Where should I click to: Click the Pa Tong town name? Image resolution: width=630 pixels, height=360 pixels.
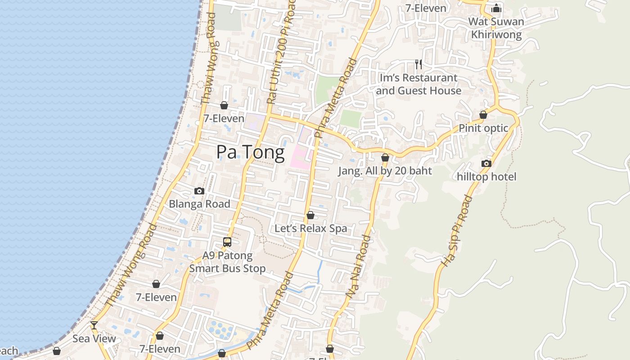[x=250, y=153]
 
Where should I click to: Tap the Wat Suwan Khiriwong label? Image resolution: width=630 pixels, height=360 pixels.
[x=496, y=28]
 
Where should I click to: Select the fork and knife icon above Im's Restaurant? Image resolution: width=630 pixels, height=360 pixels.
[x=418, y=64]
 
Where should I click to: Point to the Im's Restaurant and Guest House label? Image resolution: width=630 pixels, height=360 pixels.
[x=418, y=84]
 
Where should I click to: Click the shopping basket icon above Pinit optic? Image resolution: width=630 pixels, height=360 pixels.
[x=483, y=115]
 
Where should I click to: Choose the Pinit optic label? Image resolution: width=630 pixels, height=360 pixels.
[x=483, y=128]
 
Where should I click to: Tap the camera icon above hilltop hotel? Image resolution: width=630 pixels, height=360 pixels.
[x=486, y=163]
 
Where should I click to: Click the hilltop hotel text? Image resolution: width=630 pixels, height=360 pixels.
[x=486, y=176]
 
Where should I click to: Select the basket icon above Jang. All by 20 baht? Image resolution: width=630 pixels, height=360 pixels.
[x=385, y=157]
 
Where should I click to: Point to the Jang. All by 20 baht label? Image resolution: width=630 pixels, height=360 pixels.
[x=385, y=171]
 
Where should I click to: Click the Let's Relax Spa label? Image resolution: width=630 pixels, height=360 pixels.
[x=311, y=229]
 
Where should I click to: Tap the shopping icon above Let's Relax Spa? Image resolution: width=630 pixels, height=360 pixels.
[x=310, y=216]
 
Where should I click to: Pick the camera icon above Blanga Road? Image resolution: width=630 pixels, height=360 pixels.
[x=199, y=191]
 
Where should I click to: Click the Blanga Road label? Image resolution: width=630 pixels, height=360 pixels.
[x=199, y=204]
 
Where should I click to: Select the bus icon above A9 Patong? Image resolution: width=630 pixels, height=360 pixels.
[x=227, y=242]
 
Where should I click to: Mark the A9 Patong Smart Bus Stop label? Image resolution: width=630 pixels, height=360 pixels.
[x=227, y=262]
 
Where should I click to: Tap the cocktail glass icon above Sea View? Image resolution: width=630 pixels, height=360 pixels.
[x=94, y=325]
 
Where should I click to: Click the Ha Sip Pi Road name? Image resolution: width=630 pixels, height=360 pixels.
[x=456, y=230]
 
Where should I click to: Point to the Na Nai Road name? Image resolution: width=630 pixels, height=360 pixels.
[x=359, y=266]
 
